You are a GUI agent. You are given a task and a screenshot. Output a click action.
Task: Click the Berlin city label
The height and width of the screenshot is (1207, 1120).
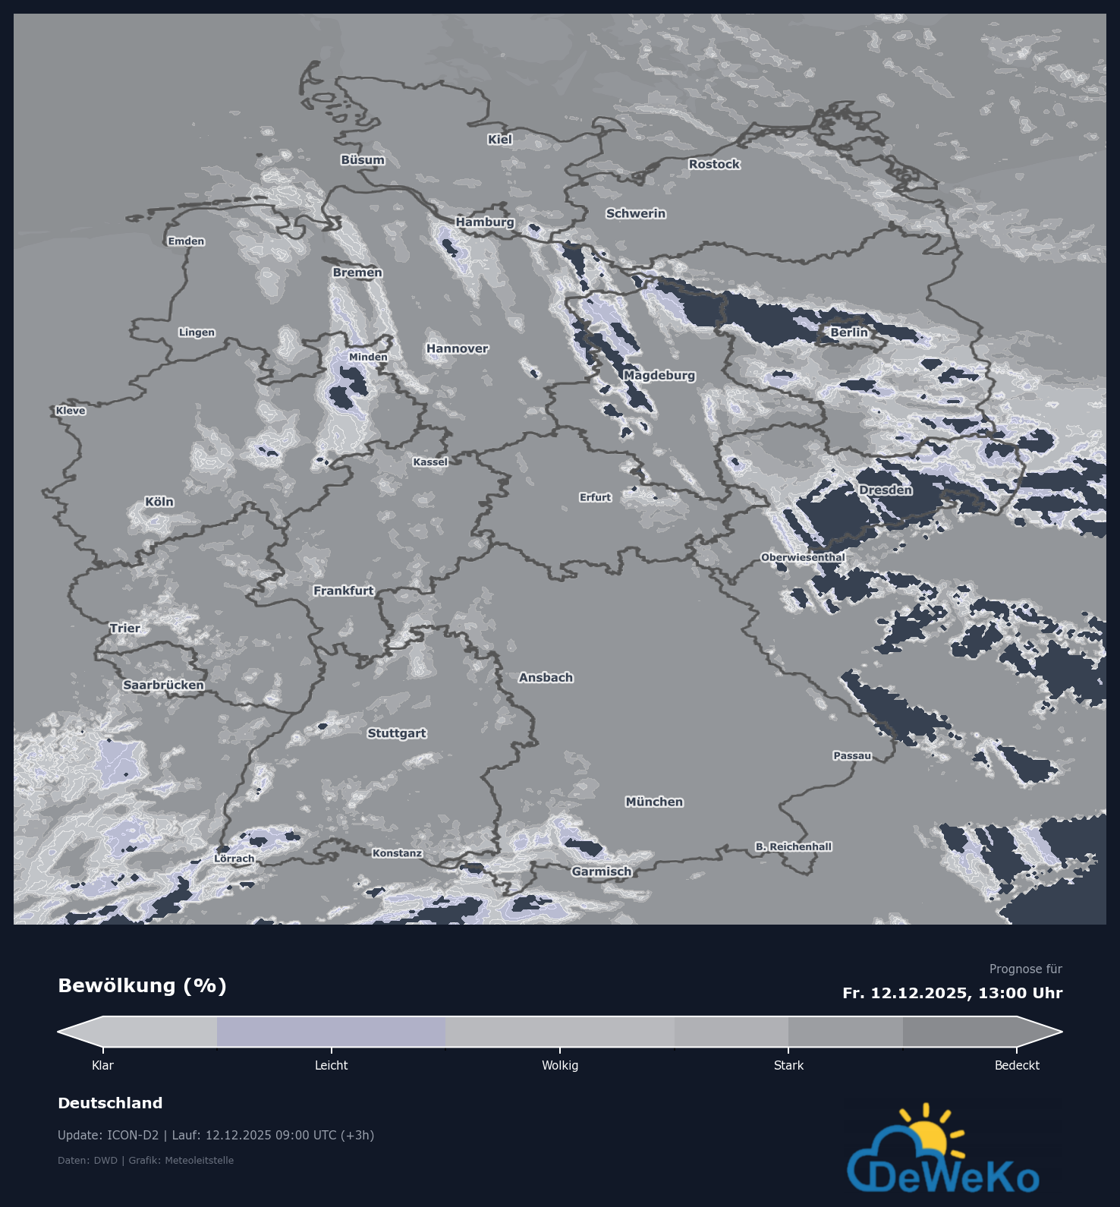tap(848, 332)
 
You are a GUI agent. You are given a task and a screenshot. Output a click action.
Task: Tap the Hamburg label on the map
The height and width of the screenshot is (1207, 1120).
tap(485, 222)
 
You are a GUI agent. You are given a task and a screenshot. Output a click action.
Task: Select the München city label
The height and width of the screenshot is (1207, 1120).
tap(654, 802)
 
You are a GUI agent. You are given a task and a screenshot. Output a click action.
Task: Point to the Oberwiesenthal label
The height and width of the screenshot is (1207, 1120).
tap(803, 557)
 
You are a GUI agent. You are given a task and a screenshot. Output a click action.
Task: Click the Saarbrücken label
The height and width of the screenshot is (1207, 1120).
tap(163, 685)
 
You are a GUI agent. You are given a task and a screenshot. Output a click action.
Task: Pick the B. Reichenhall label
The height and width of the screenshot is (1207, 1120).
tap(793, 846)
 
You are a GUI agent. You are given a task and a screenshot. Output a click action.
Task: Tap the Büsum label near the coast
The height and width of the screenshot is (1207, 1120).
tap(363, 160)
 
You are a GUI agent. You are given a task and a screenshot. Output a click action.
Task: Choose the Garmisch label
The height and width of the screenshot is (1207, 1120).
tap(602, 871)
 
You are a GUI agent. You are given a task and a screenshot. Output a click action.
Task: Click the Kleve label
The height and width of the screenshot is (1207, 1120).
tap(71, 411)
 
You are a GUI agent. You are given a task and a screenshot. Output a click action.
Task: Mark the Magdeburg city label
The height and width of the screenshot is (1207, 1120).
tap(659, 375)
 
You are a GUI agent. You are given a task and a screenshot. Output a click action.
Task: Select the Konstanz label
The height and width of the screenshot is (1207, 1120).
tap(397, 853)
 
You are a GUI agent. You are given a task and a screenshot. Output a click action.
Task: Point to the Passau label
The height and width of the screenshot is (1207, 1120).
tap(852, 755)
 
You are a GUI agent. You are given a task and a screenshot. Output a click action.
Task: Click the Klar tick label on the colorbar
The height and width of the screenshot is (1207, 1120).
tap(102, 1066)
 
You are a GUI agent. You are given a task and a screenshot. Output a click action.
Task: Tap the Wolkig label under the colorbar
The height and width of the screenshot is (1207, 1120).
tap(560, 1066)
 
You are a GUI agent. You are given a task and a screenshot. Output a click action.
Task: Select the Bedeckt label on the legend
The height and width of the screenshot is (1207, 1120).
tap(1017, 1066)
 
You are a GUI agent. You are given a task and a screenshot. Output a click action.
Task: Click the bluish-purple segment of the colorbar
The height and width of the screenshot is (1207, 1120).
tap(331, 1032)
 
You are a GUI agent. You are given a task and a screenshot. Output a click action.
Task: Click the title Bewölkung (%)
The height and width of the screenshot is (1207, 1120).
tap(142, 985)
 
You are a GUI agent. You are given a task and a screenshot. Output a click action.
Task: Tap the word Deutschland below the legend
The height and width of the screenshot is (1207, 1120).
tap(110, 1103)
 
